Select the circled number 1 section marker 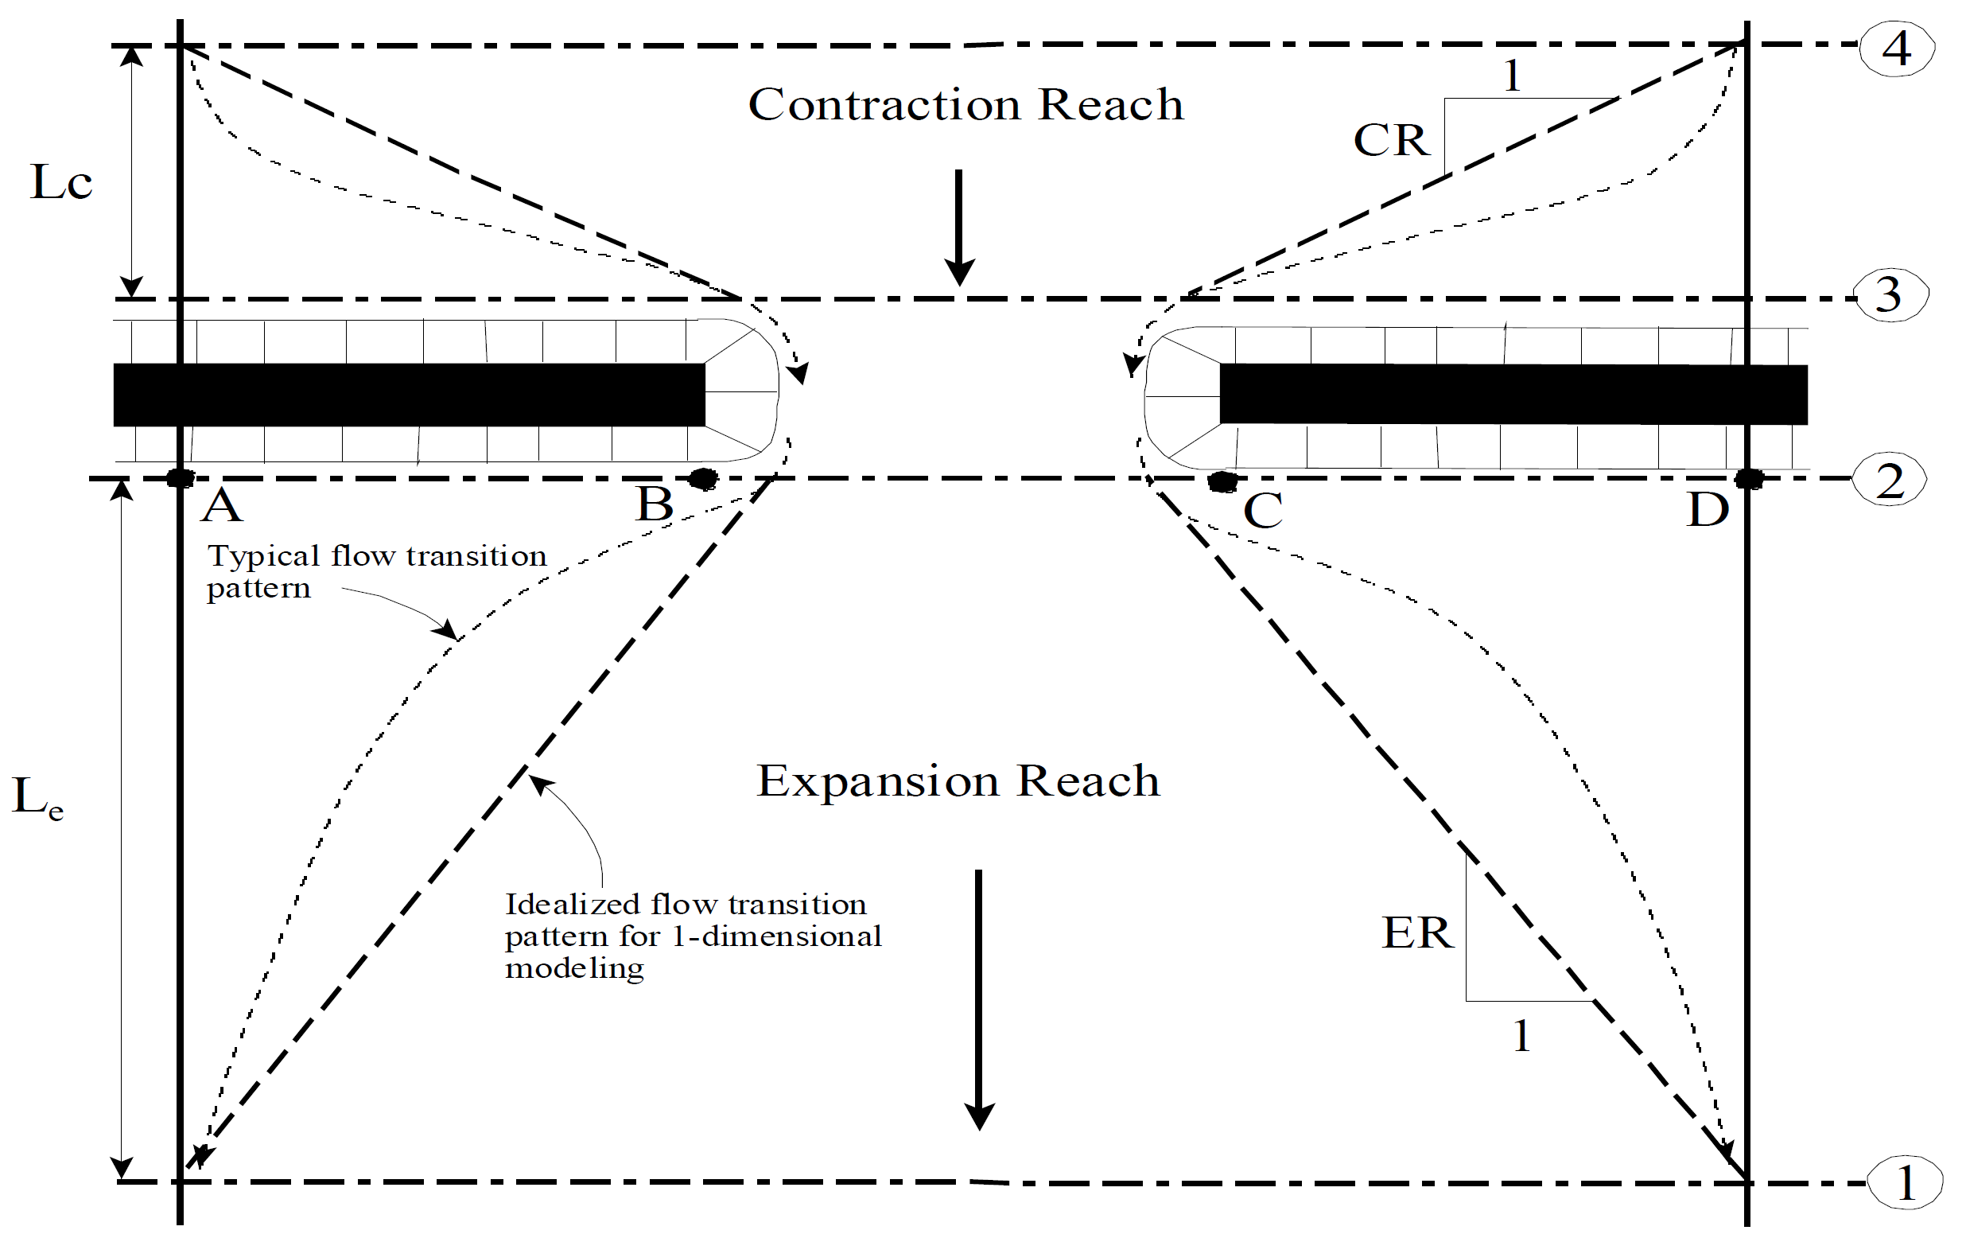pos(1905,1182)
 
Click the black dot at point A pos(181,478)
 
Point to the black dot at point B pos(703,478)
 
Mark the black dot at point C pos(1222,482)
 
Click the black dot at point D pos(1748,478)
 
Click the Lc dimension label pos(61,182)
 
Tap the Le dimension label pos(37,797)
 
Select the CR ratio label pos(1391,141)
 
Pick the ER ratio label pos(1417,932)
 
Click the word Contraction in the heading pos(884,104)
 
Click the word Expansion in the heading pos(878,781)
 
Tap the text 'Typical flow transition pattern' pos(375,570)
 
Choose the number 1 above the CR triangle pos(1512,76)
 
